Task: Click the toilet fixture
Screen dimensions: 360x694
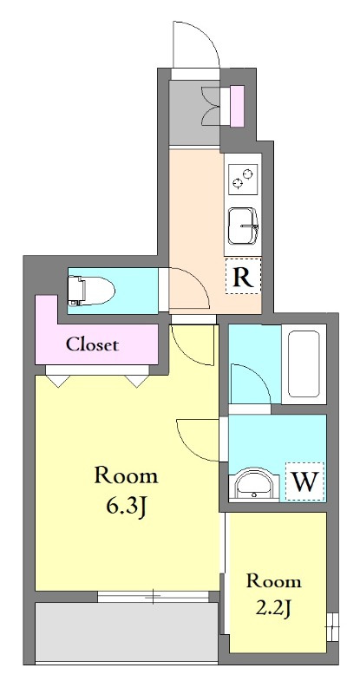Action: pyautogui.click(x=91, y=291)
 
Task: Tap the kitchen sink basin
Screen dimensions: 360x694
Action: pyautogui.click(x=243, y=226)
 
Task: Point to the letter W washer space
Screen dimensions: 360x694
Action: pyautogui.click(x=305, y=481)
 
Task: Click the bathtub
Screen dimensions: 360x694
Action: pyautogui.click(x=304, y=364)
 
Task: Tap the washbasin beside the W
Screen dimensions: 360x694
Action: pyautogui.click(x=253, y=485)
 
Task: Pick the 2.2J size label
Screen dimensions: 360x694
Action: pyautogui.click(x=274, y=610)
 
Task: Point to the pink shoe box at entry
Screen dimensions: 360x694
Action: pyautogui.click(x=238, y=106)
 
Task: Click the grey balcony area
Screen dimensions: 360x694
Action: pyautogui.click(x=126, y=632)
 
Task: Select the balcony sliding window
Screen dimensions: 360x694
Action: pyautogui.click(x=153, y=597)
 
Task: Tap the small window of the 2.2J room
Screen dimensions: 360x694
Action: pyautogui.click(x=332, y=626)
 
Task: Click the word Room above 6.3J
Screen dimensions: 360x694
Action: pyautogui.click(x=126, y=475)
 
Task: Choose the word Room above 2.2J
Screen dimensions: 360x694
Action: pyautogui.click(x=274, y=580)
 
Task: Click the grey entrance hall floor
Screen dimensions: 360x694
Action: pyautogui.click(x=195, y=113)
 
